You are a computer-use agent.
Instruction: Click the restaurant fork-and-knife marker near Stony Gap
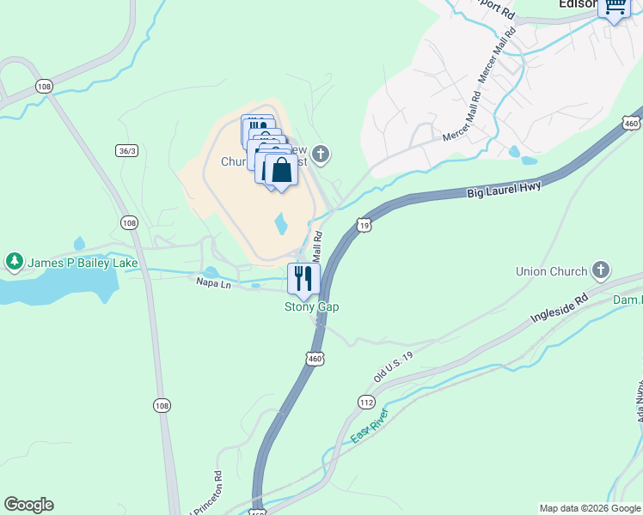(303, 278)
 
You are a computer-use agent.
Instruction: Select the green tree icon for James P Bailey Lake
(14, 260)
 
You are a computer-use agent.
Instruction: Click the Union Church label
(550, 271)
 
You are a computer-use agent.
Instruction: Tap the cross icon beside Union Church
(601, 271)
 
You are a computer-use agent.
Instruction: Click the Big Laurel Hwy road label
(505, 190)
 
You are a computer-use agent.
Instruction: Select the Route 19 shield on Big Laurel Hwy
(364, 225)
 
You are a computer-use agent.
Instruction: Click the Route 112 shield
(367, 402)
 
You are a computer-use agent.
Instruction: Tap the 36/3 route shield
(126, 150)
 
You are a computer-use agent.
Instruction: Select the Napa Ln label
(213, 282)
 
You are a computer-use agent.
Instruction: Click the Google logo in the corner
(28, 505)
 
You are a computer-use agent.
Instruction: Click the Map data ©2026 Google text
(589, 508)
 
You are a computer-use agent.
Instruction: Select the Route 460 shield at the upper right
(632, 123)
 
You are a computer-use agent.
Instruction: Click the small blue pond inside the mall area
(281, 225)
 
